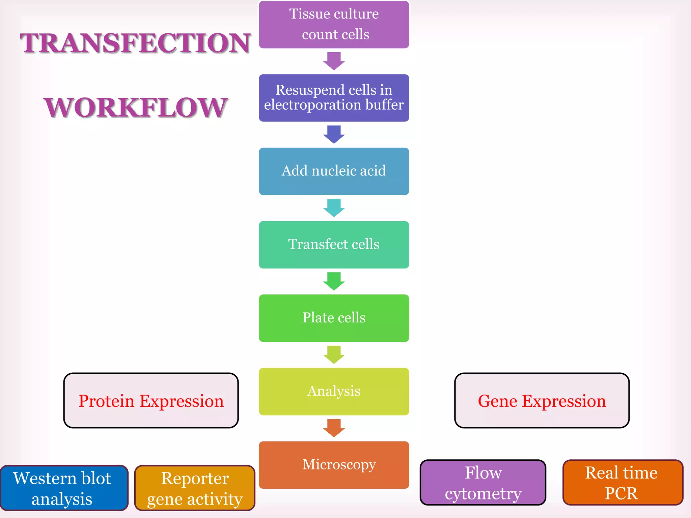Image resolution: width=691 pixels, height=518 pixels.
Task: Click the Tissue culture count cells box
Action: pos(334,24)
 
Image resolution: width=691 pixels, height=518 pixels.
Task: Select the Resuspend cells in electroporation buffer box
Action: pos(334,98)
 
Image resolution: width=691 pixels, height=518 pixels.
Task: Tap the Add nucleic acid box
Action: pos(334,171)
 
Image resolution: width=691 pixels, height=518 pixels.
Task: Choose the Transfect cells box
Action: pos(334,244)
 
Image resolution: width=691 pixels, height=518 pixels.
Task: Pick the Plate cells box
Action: pos(334,318)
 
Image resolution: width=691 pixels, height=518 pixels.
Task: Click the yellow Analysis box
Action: pos(334,391)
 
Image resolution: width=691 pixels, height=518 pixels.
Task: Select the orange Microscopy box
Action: pos(334,465)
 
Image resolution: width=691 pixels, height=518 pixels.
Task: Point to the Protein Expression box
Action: pos(151,400)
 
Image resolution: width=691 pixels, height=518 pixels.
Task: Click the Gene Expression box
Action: pos(542,400)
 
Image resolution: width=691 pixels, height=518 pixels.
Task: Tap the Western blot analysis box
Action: pos(63,488)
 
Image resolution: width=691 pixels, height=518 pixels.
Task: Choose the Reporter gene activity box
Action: pos(195,488)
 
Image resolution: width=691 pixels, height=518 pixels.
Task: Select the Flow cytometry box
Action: pos(483,482)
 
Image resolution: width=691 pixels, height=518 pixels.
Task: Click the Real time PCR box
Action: pos(623,482)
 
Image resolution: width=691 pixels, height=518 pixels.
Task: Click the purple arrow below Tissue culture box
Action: pos(334,61)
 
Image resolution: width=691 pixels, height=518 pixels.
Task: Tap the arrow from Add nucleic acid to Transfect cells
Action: pos(334,207)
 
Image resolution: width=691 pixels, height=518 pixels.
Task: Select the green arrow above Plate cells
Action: pos(334,281)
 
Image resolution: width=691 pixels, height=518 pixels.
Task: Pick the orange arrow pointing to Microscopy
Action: pos(334,428)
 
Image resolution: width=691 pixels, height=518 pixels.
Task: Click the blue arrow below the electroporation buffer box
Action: pos(334,134)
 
